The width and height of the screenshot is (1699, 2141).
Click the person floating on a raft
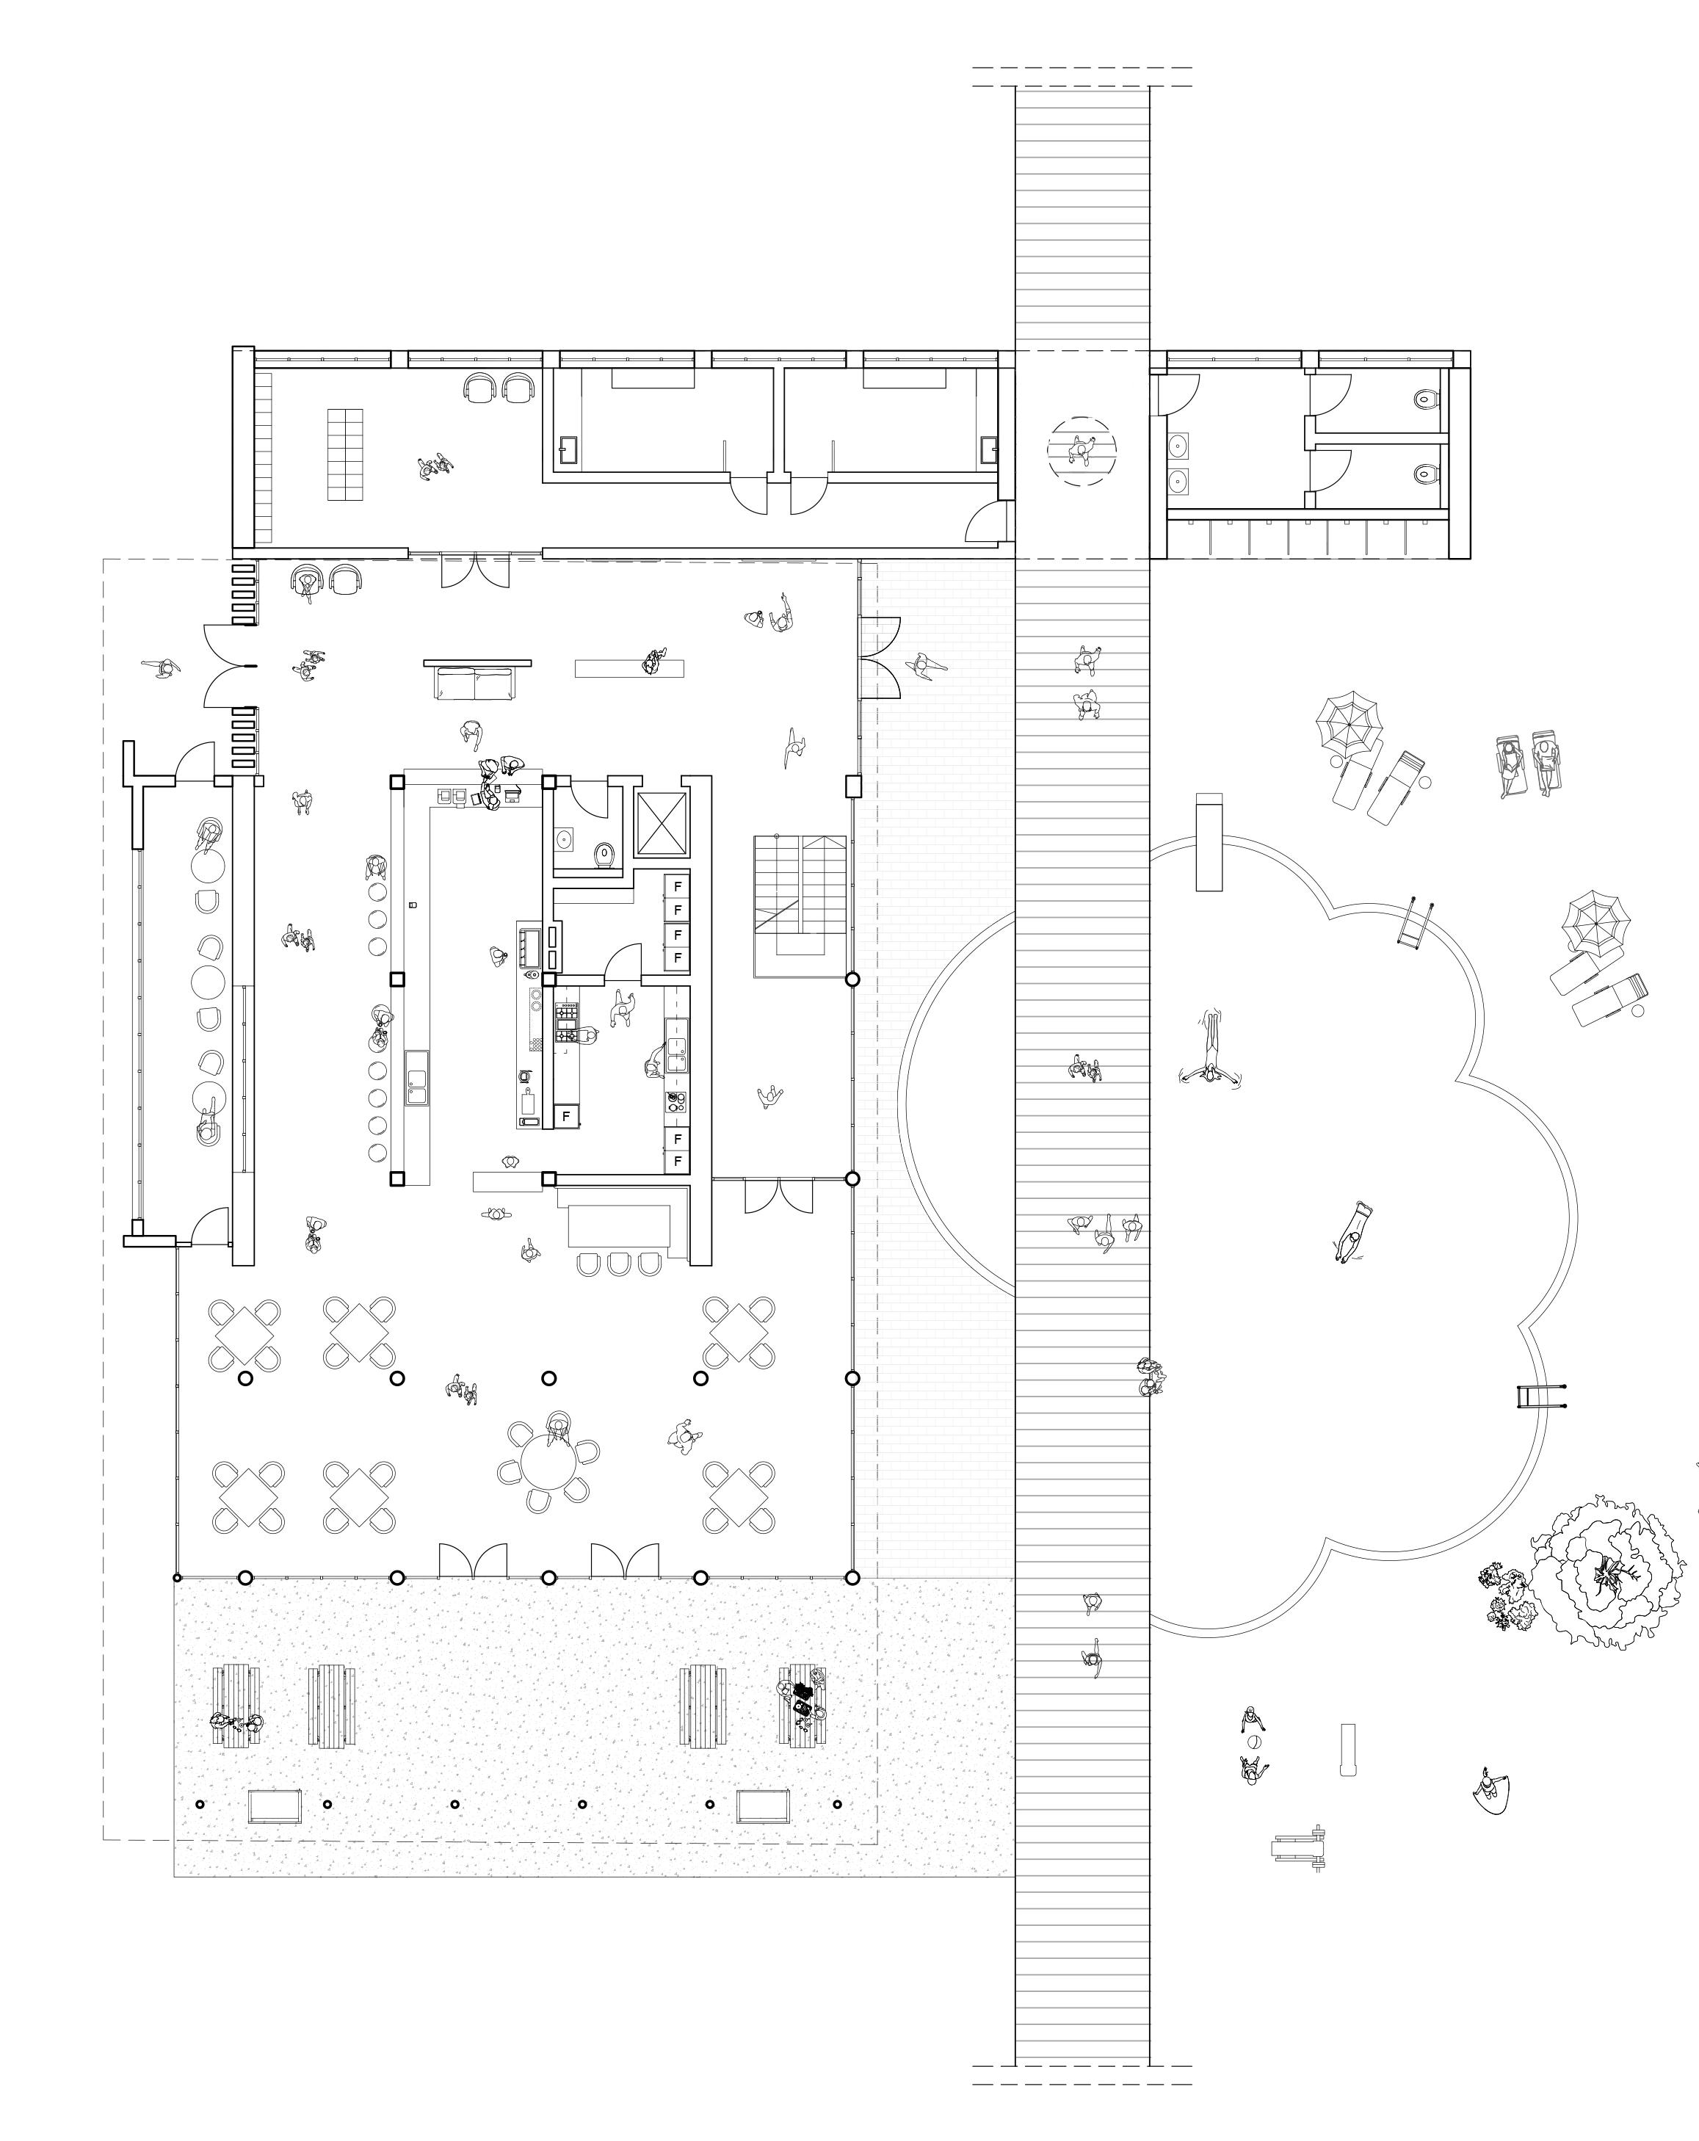coord(1352,1233)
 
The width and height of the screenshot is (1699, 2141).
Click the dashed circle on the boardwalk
coord(1082,451)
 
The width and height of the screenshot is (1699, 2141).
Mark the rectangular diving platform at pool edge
coord(1209,842)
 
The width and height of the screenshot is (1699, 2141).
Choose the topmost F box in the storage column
coord(677,885)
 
